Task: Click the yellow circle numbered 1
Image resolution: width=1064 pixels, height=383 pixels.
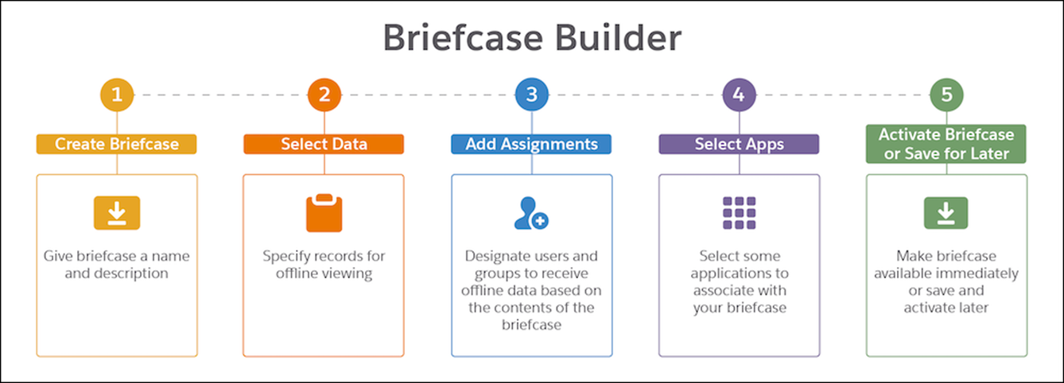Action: pyautogui.click(x=117, y=95)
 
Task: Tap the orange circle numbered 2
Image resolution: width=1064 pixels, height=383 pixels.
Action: pyautogui.click(x=324, y=95)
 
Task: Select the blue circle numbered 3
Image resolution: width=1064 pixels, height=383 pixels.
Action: pyautogui.click(x=532, y=95)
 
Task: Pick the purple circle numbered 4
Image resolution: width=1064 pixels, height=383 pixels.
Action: pyautogui.click(x=739, y=95)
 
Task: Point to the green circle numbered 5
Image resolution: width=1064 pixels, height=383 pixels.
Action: pyautogui.click(x=946, y=95)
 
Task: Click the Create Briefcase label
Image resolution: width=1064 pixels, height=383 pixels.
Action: pyautogui.click(x=116, y=144)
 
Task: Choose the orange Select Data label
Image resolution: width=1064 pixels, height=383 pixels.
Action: pyautogui.click(x=324, y=144)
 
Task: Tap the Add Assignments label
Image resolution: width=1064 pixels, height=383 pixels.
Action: pyautogui.click(x=531, y=144)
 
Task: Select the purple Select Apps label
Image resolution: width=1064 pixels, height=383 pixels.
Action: pyautogui.click(x=739, y=144)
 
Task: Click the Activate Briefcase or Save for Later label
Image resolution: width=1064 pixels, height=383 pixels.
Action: pyautogui.click(x=946, y=144)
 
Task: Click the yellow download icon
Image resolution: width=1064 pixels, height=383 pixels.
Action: pyautogui.click(x=117, y=213)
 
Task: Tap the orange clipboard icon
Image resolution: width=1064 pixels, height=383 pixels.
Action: pyautogui.click(x=324, y=213)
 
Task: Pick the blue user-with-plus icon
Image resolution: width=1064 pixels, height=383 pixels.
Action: pyautogui.click(x=531, y=213)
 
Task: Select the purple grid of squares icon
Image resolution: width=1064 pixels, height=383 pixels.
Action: pyautogui.click(x=739, y=213)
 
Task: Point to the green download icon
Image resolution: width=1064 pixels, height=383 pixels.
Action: pyautogui.click(x=946, y=213)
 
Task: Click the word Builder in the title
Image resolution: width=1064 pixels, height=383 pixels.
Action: pyautogui.click(x=618, y=37)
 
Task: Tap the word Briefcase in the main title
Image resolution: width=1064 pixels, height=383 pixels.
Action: pyautogui.click(x=463, y=37)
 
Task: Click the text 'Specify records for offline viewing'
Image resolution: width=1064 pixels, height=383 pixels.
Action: pyautogui.click(x=324, y=265)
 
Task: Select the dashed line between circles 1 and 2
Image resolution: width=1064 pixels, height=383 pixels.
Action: pyautogui.click(x=221, y=95)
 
